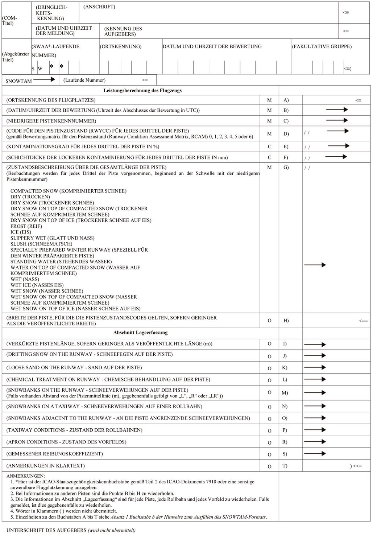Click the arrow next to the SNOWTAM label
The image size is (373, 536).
[x=44, y=79]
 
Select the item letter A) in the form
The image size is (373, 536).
[x=286, y=100]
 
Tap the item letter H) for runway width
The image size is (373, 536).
[x=286, y=321]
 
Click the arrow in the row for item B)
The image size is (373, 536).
[x=336, y=110]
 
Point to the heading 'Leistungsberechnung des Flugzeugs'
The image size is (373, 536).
[x=142, y=90]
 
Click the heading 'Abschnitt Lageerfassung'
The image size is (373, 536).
[x=140, y=332]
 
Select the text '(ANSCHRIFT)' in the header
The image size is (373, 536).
[x=99, y=7]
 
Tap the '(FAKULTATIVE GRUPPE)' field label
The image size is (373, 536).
[x=322, y=46]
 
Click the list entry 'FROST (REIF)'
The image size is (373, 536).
[x=26, y=226]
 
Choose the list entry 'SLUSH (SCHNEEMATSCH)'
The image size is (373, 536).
[x=41, y=244]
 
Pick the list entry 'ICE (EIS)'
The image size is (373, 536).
[x=21, y=232]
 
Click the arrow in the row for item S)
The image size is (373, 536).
[x=315, y=454]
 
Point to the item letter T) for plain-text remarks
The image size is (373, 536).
[x=285, y=466]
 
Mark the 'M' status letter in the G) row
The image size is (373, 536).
[x=269, y=167]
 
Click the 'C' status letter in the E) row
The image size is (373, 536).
[x=269, y=147]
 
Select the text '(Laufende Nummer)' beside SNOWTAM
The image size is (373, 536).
[x=84, y=80]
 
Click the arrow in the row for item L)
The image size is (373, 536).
[x=315, y=379]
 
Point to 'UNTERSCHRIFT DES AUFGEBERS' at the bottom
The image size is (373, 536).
[x=46, y=530]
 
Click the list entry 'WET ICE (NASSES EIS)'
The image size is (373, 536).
[x=37, y=285]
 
